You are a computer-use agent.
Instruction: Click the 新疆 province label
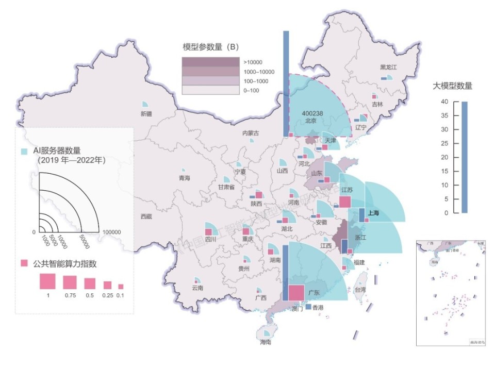146,114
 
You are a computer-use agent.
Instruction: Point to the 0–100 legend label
253,91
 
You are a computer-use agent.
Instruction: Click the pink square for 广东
296,292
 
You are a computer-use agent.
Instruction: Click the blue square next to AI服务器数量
24,152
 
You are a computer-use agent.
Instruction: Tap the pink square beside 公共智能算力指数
24,264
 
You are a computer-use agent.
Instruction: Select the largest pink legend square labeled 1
47,281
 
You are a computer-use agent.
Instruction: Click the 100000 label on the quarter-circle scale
112,232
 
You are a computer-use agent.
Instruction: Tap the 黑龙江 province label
388,68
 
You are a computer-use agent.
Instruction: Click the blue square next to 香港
308,307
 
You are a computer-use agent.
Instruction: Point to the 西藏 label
146,216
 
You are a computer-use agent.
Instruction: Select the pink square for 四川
208,232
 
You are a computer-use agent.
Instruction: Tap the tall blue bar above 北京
286,82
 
